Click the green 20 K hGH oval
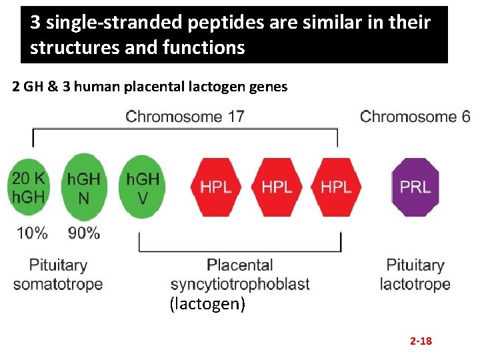pyautogui.click(x=28, y=187)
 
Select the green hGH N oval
pyautogui.click(x=84, y=187)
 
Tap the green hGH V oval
pyautogui.click(x=142, y=187)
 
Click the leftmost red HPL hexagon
pyautogui.click(x=217, y=187)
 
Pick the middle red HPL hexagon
pyautogui.click(x=276, y=187)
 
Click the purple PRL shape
pyautogui.click(x=415, y=187)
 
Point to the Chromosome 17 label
pyautogui.click(x=185, y=117)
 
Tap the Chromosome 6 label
pyautogui.click(x=415, y=117)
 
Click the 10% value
pyautogui.click(x=31, y=233)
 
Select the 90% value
pyautogui.click(x=83, y=233)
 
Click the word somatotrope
pyautogui.click(x=58, y=284)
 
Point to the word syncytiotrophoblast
pyautogui.click(x=240, y=284)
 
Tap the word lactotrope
pyautogui.click(x=415, y=284)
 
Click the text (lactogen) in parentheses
pyautogui.click(x=207, y=305)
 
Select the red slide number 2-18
pyautogui.click(x=421, y=341)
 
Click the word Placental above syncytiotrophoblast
pyautogui.click(x=240, y=265)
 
